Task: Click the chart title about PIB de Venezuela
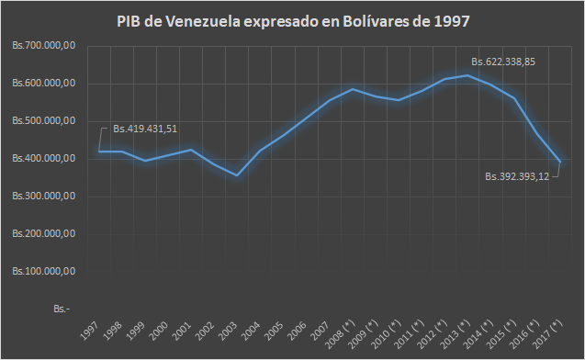[293, 21]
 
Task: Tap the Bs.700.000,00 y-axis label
[44, 46]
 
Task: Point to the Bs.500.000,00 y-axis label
[44, 121]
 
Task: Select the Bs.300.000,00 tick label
[44, 196]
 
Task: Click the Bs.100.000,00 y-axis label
[44, 271]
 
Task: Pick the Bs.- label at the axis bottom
[62, 309]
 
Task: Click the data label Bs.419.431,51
[145, 129]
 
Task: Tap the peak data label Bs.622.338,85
[503, 62]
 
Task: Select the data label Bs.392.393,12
[517, 176]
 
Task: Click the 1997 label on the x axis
[90, 331]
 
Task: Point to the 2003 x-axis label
[228, 331]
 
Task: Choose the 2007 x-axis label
[321, 331]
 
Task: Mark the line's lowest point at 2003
[237, 175]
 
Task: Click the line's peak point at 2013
[467, 75]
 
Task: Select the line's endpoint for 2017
[560, 162]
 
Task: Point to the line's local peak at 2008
[353, 89]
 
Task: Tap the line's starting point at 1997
[99, 152]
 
